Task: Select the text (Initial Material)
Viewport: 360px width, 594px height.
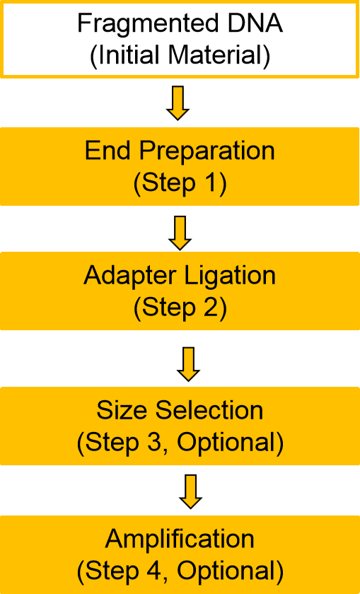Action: (180, 56)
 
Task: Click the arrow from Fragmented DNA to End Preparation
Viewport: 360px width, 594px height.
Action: (178, 103)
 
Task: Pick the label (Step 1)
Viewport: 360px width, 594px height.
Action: (180, 183)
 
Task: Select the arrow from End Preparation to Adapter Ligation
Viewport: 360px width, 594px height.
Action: (180, 233)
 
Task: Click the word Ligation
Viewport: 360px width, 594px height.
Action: (230, 276)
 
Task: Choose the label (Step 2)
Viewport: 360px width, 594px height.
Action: (180, 308)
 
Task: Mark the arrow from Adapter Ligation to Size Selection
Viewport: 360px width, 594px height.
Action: (188, 364)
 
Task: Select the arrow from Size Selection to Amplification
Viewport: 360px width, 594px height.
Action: (191, 491)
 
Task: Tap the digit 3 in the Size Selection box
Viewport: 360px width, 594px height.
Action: (159, 442)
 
